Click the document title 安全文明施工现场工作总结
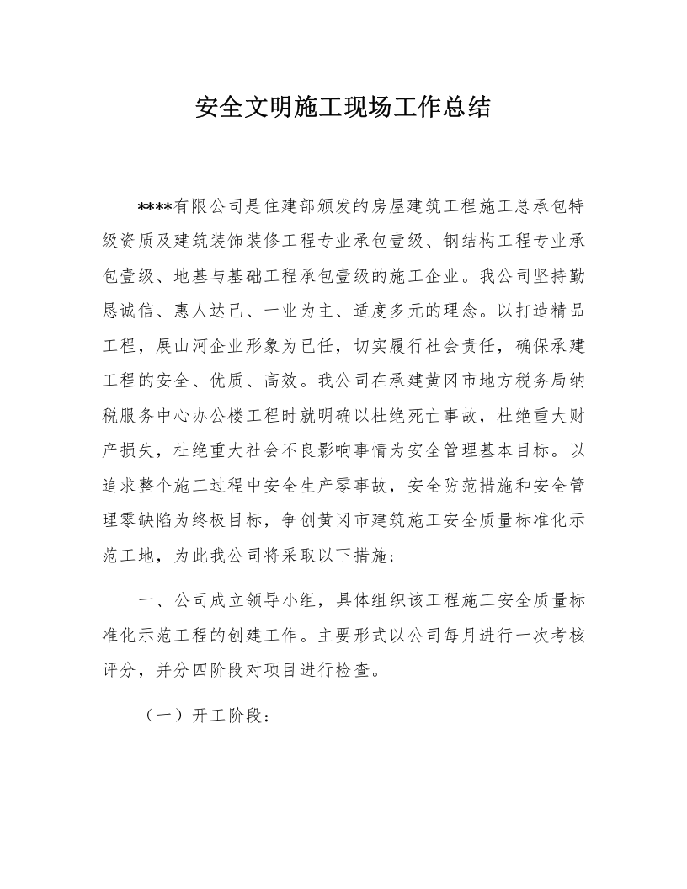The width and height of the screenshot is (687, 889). point(343,108)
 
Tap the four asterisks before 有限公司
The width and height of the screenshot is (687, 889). point(155,207)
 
